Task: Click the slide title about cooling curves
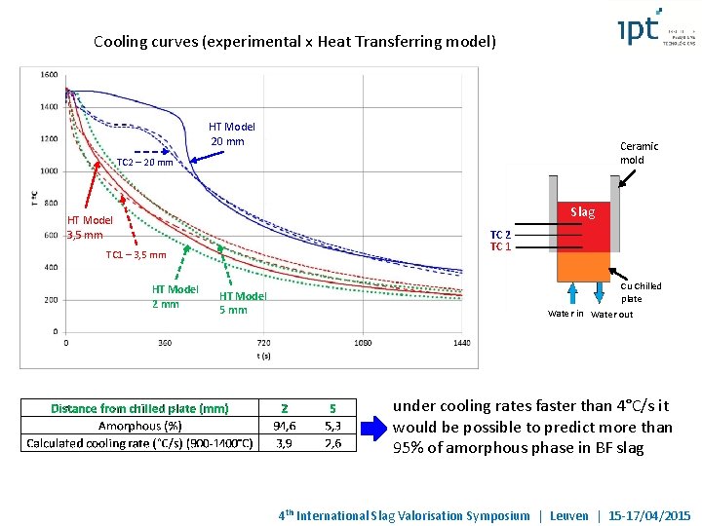point(294,42)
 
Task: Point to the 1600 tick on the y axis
point(49,75)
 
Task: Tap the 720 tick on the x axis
point(263,343)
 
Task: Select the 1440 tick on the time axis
point(461,343)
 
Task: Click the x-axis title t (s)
point(263,357)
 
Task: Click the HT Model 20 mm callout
point(232,134)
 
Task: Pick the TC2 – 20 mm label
point(144,163)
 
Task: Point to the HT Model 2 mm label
point(175,296)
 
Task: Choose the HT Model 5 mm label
point(243,303)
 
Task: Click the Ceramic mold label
point(639,153)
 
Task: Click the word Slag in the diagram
point(582,212)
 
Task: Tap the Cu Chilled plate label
point(641,292)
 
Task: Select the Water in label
point(565,315)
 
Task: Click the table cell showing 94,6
point(285,426)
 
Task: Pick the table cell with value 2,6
point(332,443)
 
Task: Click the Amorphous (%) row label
point(139,426)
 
